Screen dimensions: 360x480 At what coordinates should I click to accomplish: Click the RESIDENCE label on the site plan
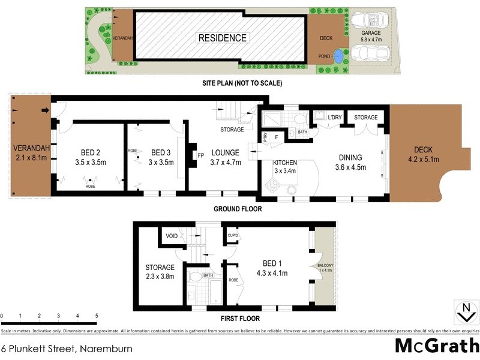click(222, 38)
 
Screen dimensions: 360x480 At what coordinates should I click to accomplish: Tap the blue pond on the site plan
click(339, 57)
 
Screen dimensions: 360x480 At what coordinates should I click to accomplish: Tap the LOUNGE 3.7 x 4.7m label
click(226, 157)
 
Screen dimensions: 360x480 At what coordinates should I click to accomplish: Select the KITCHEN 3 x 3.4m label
click(286, 167)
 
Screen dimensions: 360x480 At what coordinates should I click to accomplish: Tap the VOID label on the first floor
click(171, 236)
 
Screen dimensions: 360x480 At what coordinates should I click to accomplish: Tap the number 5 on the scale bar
click(96, 316)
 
